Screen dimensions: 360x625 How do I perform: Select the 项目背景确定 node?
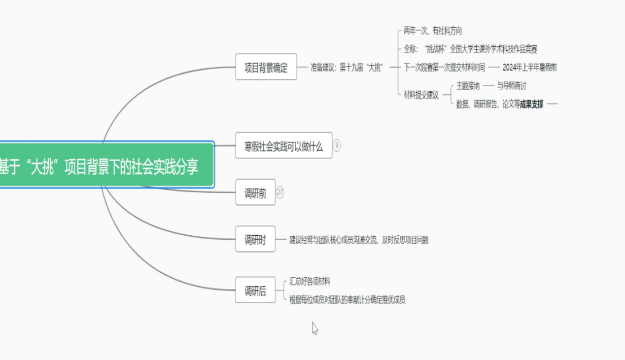266,67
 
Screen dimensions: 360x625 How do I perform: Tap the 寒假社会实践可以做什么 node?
283,146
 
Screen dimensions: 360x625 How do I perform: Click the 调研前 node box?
255,193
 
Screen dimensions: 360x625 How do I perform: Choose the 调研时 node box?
255,240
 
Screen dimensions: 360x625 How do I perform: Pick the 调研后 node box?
255,290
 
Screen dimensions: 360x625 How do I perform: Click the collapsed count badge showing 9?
337,145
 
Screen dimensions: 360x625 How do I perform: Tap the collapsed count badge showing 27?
280,192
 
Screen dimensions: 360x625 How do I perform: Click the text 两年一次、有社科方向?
433,31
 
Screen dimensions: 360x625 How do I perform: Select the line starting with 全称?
470,49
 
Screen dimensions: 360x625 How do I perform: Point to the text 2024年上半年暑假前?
529,68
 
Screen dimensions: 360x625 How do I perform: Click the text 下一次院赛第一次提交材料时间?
444,68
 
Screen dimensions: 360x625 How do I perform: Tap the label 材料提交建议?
421,95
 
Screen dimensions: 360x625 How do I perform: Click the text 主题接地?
468,86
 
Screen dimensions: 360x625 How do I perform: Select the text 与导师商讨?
512,86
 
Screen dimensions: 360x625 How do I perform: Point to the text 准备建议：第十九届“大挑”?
347,68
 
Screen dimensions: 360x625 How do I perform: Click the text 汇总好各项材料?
310,282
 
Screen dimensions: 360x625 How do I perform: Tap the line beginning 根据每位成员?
347,299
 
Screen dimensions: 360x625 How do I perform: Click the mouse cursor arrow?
314,328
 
